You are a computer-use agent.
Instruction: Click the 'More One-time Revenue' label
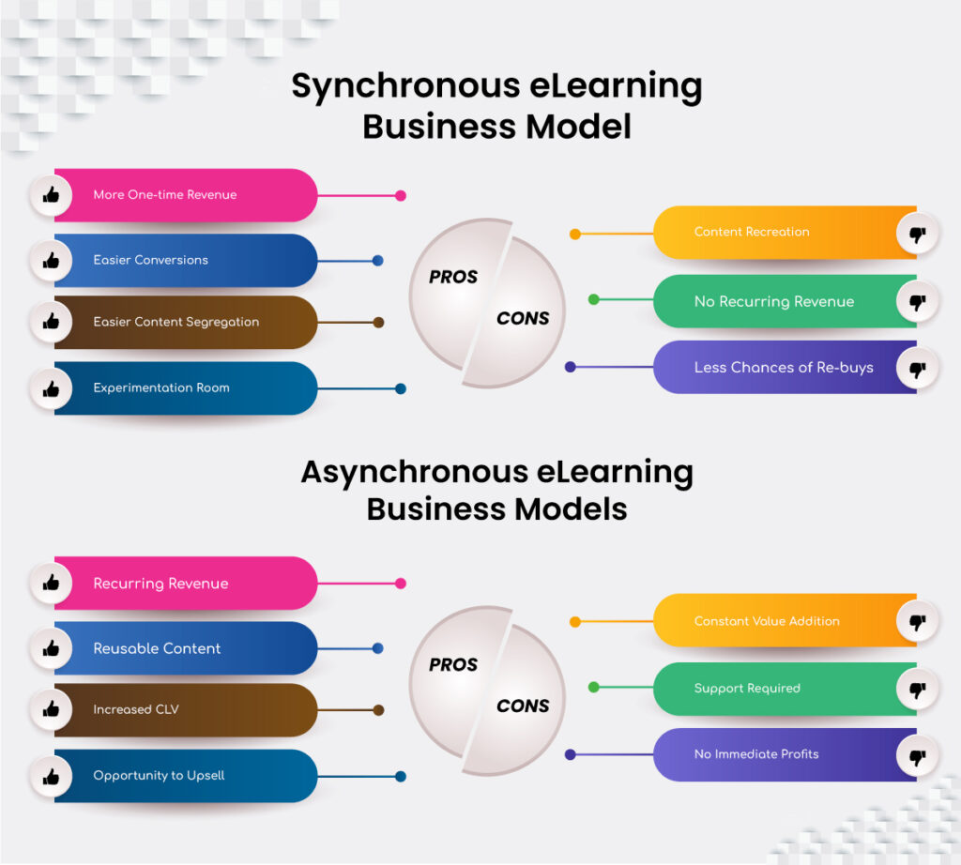(164, 195)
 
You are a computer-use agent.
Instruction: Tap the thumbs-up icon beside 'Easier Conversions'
(51, 260)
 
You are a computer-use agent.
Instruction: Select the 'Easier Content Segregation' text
(175, 322)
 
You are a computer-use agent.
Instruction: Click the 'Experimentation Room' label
(160, 387)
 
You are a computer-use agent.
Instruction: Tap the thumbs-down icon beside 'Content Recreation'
(918, 234)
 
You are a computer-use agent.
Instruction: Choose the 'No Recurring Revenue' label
(773, 301)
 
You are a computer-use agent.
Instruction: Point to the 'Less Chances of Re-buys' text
(783, 367)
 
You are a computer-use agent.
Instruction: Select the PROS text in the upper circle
(453, 277)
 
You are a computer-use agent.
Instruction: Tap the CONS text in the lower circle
(523, 706)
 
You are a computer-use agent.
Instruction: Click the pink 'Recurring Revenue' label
(160, 584)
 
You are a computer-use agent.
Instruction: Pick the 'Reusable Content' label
(157, 648)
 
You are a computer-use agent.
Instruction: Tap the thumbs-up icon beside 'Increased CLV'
(51, 710)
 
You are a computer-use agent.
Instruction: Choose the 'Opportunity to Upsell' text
(159, 776)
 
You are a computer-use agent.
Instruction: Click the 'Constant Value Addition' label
(767, 621)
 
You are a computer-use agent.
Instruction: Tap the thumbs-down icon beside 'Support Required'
(918, 690)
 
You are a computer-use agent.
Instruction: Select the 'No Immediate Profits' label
(755, 754)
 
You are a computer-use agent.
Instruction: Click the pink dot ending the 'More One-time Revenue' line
(401, 196)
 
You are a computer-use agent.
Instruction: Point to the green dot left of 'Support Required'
(593, 688)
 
